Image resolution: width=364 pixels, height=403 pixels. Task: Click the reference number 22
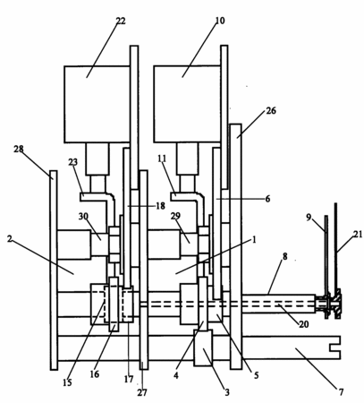click(x=121, y=21)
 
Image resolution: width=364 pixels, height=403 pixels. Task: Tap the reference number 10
click(x=220, y=21)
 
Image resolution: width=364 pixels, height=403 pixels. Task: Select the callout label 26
click(x=271, y=111)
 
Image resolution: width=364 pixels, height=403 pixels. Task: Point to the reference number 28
click(x=19, y=149)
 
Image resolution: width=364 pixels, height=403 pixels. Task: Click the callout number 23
click(x=72, y=162)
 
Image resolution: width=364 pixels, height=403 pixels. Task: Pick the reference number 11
click(x=162, y=159)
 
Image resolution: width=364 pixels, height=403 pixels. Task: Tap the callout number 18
click(x=160, y=206)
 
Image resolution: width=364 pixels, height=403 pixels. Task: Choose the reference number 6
click(x=267, y=199)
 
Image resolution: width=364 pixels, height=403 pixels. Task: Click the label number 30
click(x=83, y=216)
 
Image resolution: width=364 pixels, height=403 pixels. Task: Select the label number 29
click(x=175, y=216)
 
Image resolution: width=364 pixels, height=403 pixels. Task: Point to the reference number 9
click(x=309, y=217)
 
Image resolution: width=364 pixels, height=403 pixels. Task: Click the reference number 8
click(x=285, y=256)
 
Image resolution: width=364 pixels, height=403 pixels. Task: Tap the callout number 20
click(x=304, y=323)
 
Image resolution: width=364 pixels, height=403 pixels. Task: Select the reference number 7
click(x=341, y=391)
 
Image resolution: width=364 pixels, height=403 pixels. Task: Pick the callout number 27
click(x=142, y=392)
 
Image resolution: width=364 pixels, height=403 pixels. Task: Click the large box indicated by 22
click(x=97, y=104)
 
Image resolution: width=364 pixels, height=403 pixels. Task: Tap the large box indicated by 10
click(x=188, y=104)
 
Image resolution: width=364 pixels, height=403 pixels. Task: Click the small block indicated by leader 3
click(x=203, y=347)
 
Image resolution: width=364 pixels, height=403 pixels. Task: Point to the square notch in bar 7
click(x=335, y=347)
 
